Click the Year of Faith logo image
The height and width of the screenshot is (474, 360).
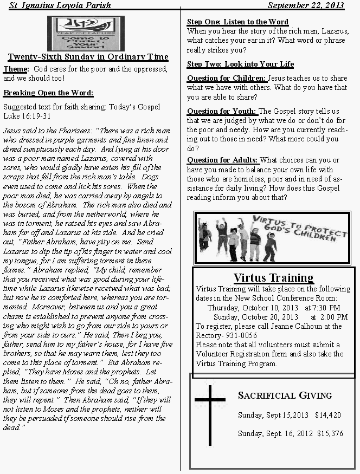point(86,33)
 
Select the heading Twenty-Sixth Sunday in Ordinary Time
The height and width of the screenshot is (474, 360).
point(88,57)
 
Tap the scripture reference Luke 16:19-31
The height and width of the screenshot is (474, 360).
point(27,116)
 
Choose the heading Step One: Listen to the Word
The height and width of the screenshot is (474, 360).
point(237,22)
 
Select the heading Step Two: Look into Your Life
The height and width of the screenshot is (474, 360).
point(240,64)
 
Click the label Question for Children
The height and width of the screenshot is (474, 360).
point(227,78)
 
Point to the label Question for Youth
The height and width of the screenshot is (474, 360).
point(222,111)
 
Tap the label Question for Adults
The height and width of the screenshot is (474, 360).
point(223,160)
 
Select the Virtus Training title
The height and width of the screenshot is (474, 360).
point(273,278)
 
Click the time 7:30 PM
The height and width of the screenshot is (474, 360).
point(326,308)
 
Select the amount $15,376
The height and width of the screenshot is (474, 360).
point(330,433)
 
